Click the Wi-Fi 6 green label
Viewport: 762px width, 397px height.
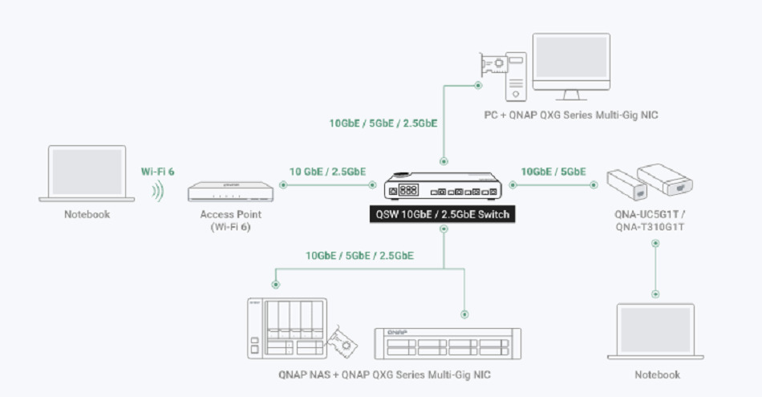pos(157,171)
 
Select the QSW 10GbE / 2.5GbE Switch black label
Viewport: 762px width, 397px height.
pos(442,215)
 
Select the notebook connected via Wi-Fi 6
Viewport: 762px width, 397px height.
pos(87,172)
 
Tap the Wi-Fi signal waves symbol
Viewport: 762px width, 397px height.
pos(158,191)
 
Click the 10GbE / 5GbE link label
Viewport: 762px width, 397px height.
pos(553,171)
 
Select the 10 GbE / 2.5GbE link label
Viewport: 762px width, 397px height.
pos(327,171)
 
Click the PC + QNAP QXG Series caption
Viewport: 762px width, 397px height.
pos(571,115)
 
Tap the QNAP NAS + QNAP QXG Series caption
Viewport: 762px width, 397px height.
pos(384,375)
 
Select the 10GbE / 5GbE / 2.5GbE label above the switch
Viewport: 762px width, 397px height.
pos(383,124)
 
